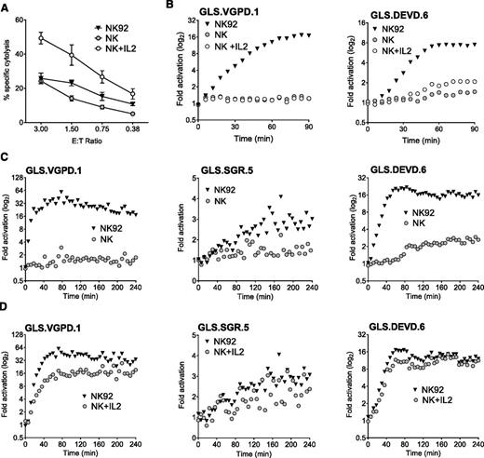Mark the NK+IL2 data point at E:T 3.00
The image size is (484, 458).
[x=39, y=38]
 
